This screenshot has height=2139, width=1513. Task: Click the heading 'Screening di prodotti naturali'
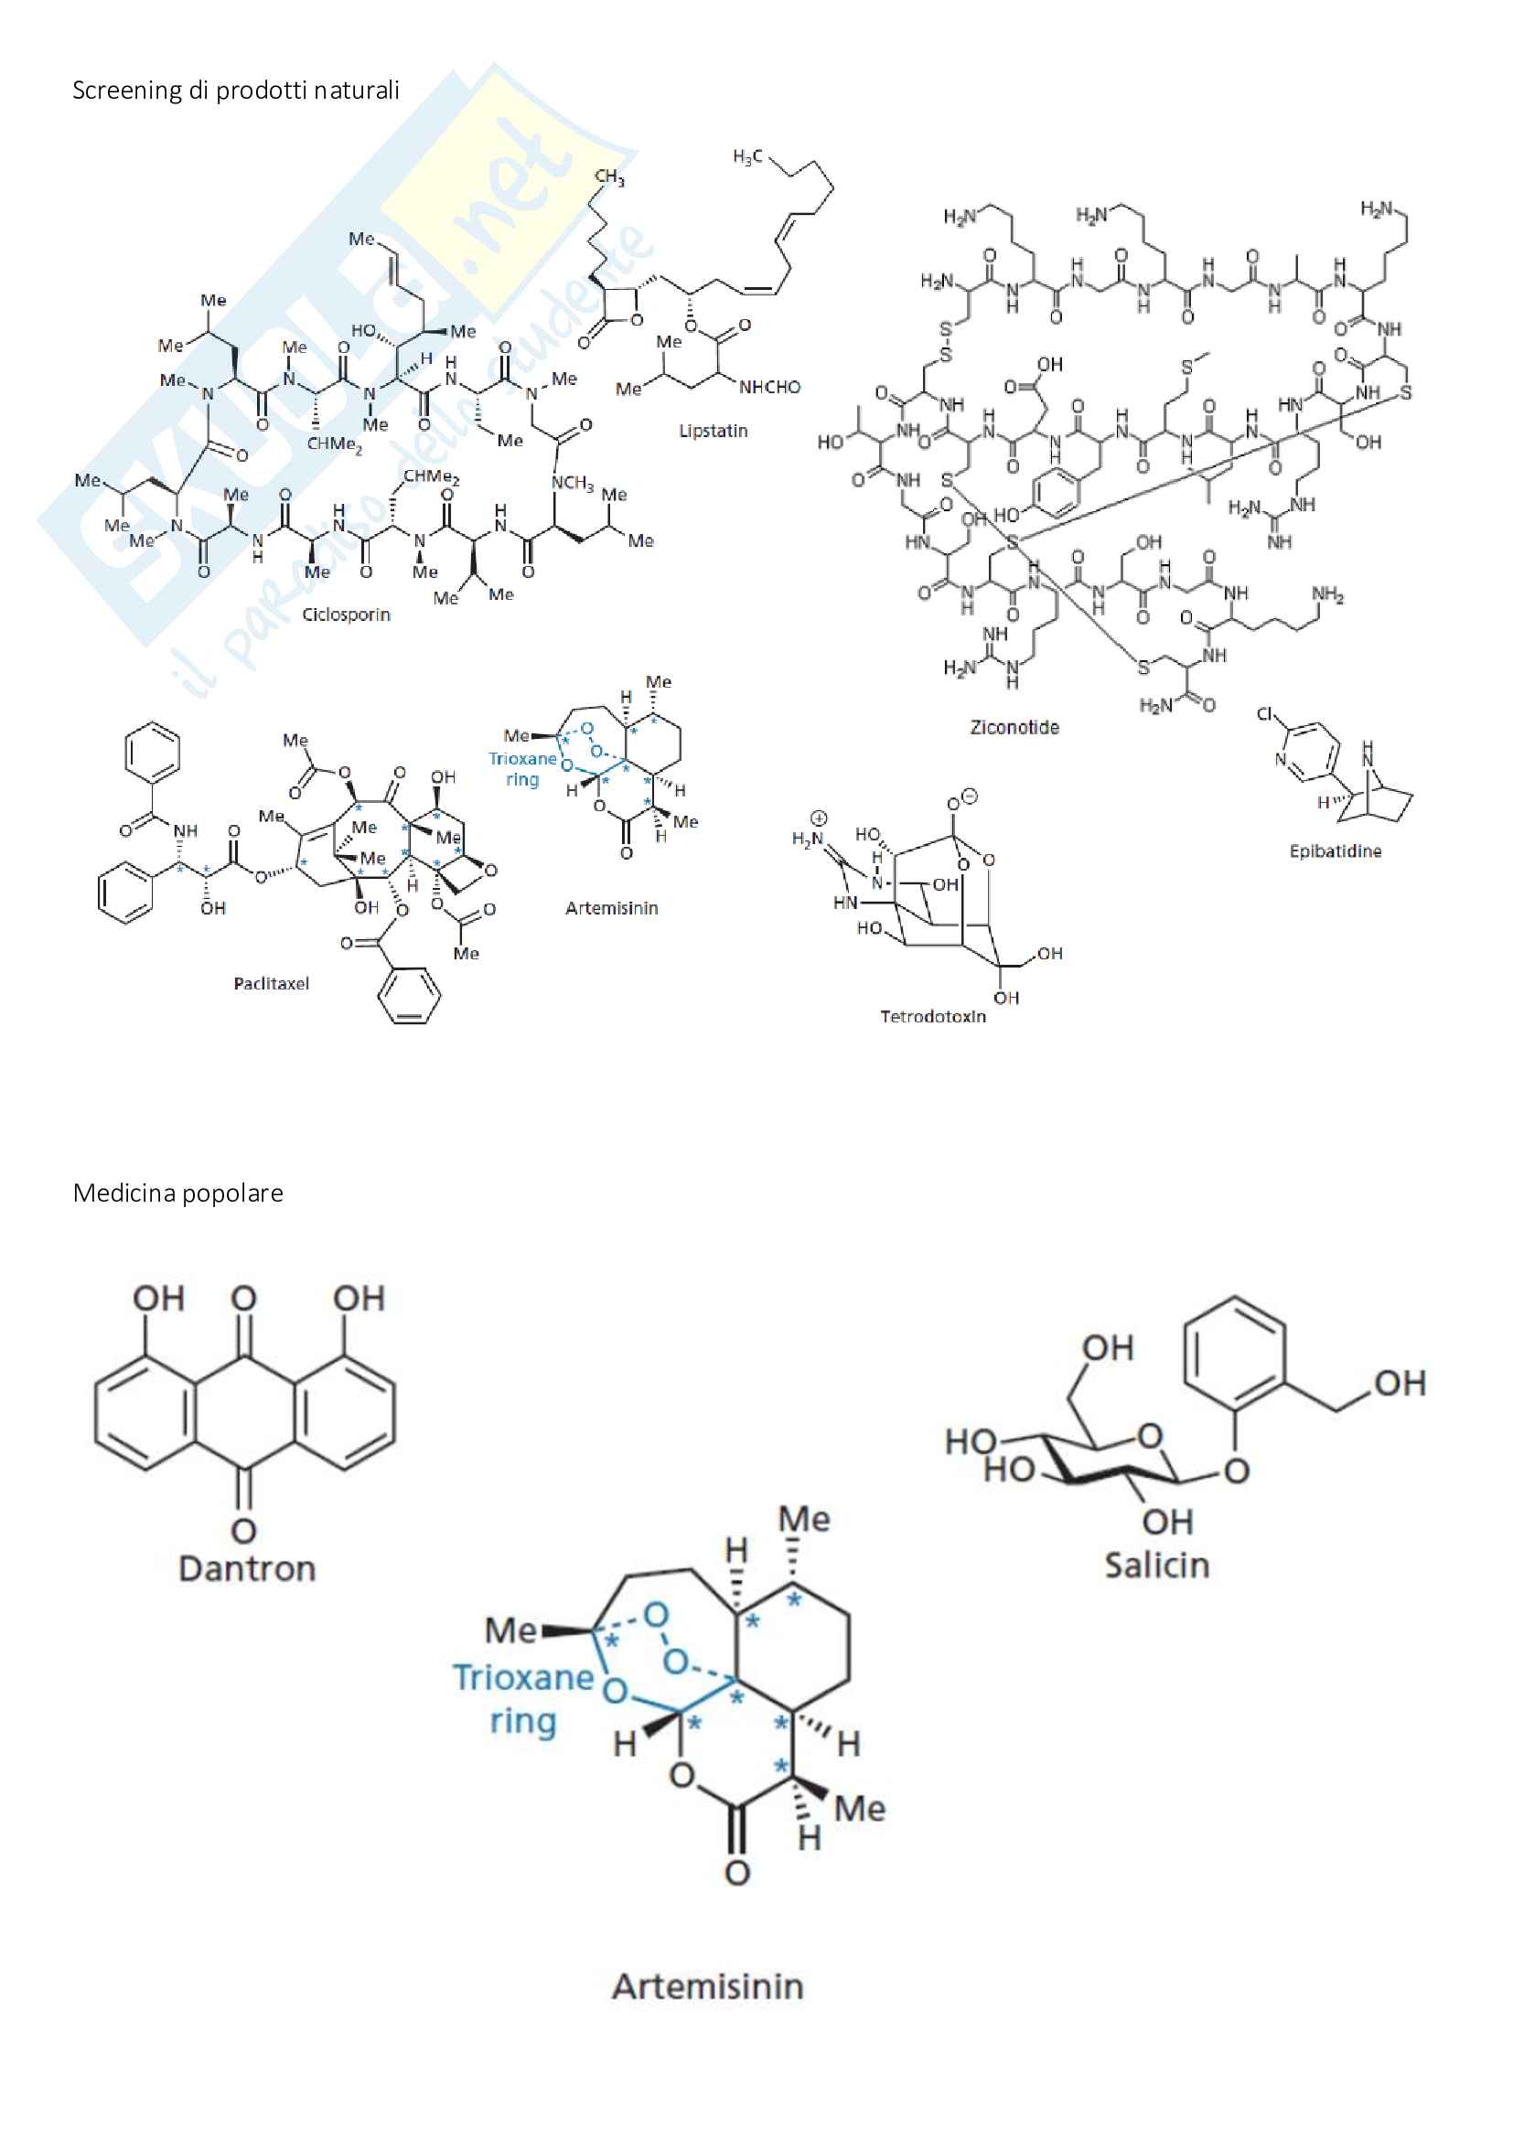coord(236,91)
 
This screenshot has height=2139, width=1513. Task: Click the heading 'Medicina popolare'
coord(178,1193)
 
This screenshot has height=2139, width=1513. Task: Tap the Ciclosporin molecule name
coord(346,615)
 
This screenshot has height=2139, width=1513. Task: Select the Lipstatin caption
coord(713,431)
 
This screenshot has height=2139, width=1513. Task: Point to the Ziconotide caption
coord(1014,728)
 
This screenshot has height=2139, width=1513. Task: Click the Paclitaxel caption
coord(271,984)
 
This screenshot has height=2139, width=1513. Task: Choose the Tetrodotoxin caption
coord(932,1016)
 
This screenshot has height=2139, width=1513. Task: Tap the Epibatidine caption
coord(1335,851)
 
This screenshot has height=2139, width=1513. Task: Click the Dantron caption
coord(247,1569)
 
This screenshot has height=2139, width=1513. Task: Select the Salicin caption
coord(1157,1565)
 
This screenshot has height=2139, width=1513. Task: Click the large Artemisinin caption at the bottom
coord(708,1986)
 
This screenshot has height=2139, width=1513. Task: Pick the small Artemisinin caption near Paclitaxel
coord(611,908)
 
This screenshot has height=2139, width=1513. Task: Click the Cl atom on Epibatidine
coord(1265,714)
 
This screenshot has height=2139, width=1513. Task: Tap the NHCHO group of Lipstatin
coord(769,388)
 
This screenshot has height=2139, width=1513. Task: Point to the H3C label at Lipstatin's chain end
coord(747,157)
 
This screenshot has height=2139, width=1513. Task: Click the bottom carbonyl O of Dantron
coord(243,1531)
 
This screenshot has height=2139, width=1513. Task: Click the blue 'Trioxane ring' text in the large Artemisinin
coord(522,1698)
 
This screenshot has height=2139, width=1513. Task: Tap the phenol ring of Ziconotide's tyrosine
coord(1056,492)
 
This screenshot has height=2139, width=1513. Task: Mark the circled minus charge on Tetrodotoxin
coord(969,797)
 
